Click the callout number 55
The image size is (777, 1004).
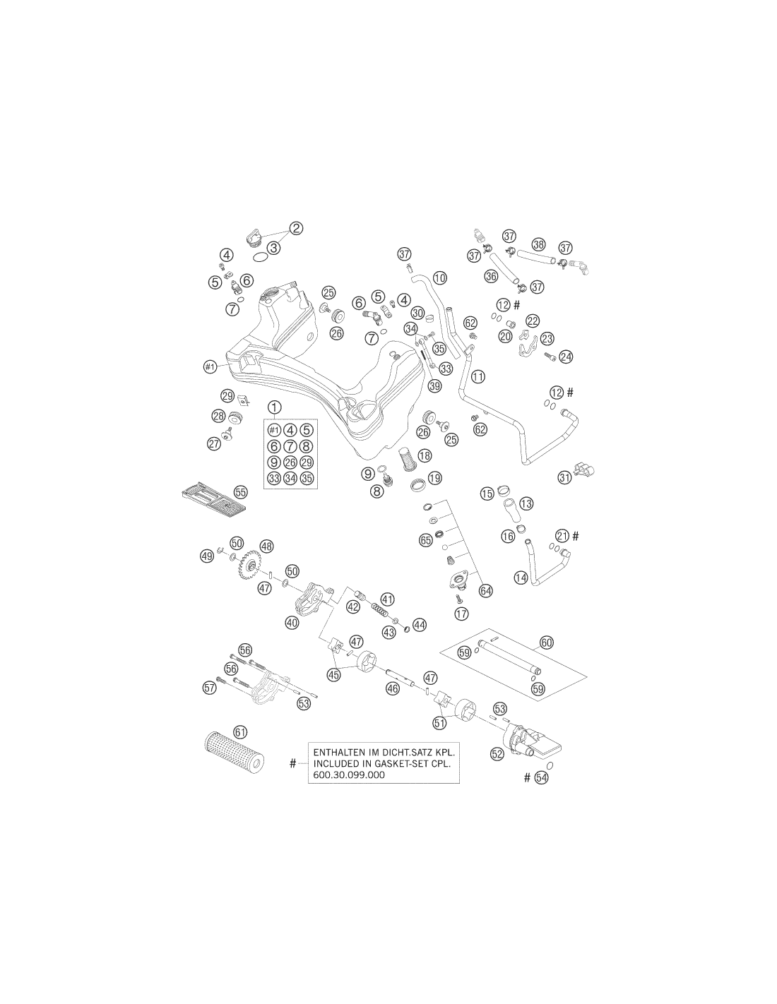click(240, 492)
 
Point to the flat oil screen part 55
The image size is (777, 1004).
click(213, 499)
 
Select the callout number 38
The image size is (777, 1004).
click(538, 244)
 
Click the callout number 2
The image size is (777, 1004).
click(296, 228)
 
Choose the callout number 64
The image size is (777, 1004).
click(486, 590)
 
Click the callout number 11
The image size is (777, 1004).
click(478, 376)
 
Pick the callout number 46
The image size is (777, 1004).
click(393, 688)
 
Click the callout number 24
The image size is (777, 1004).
click(565, 357)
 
